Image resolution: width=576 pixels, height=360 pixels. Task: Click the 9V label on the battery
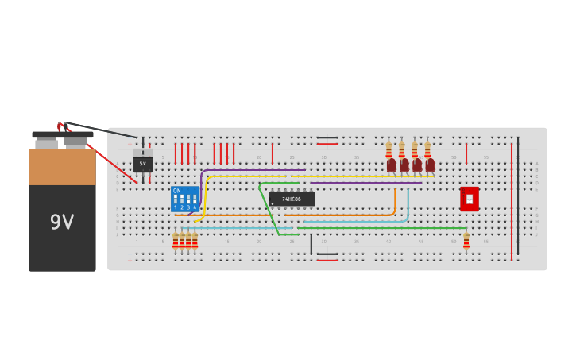62,223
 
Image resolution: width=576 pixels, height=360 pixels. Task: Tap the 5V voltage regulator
143,163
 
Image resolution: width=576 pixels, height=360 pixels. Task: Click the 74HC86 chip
292,199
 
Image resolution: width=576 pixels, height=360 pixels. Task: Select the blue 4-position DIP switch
184,199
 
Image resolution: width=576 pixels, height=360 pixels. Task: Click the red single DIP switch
470,199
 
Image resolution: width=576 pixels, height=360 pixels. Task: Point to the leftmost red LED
391,165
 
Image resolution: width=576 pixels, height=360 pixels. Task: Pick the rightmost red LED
430,165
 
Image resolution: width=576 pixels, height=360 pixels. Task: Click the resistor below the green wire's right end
466,240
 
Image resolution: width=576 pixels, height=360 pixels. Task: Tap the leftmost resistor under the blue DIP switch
176,240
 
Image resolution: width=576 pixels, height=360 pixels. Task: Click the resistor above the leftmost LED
389,149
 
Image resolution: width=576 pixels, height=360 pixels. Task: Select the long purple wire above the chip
365,183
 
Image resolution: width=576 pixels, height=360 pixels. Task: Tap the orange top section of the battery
62,167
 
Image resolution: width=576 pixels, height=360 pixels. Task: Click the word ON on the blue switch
176,191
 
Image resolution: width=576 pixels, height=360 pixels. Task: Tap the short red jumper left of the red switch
466,153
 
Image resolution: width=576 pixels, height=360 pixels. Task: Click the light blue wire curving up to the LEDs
408,205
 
